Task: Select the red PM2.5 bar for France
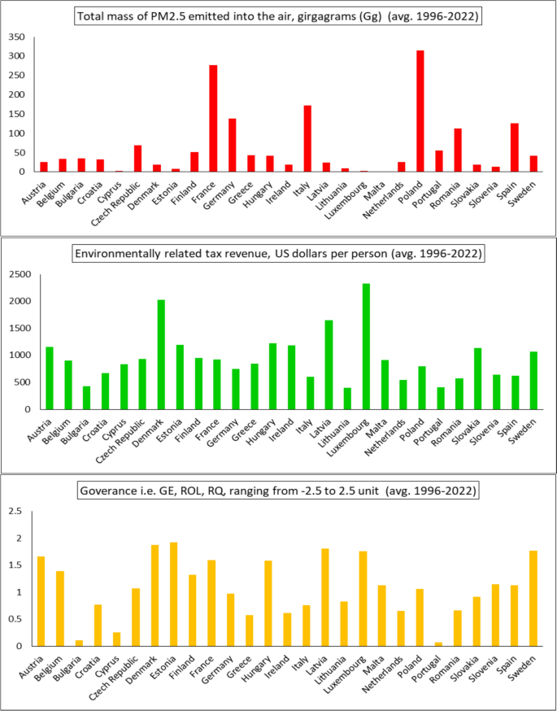[213, 119]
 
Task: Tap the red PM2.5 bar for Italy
[307, 139]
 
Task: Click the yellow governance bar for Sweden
[533, 599]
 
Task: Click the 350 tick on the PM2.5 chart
[16, 37]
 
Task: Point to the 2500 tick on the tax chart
[19, 274]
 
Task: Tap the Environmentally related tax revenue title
[277, 253]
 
